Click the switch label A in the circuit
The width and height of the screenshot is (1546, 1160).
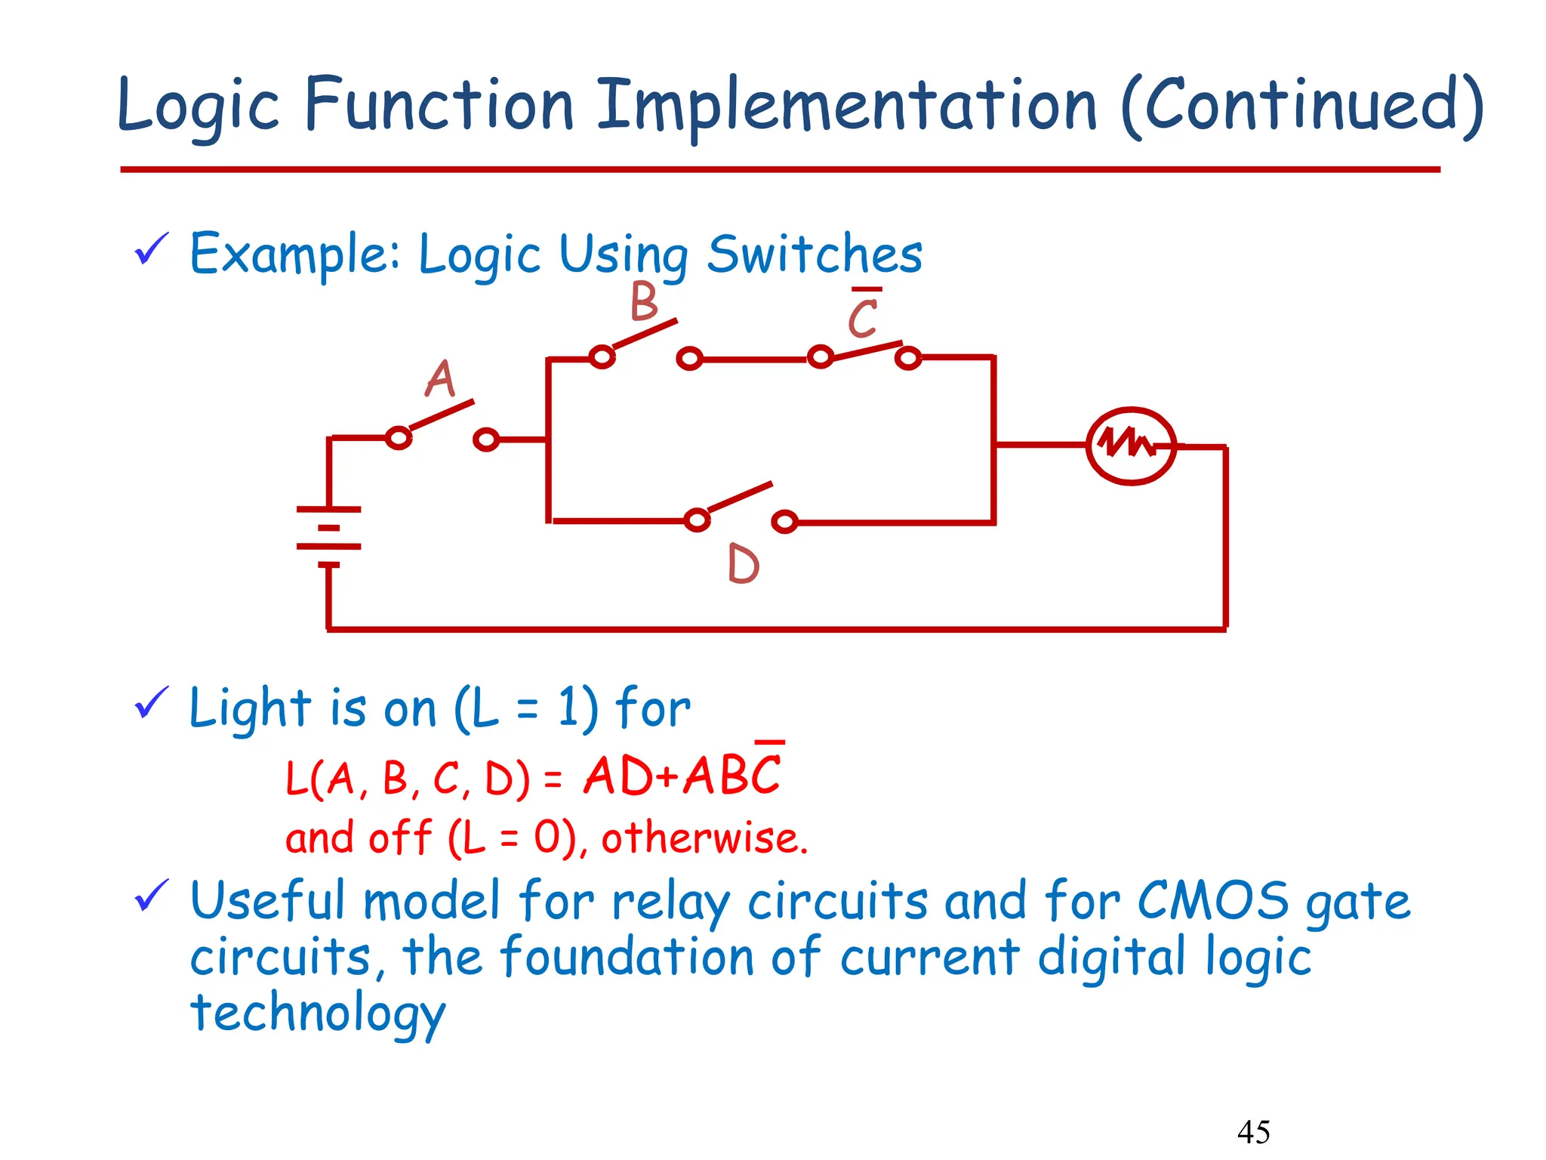pyautogui.click(x=441, y=379)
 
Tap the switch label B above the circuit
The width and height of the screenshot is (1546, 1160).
pyautogui.click(x=644, y=302)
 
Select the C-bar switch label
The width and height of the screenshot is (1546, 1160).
pyautogui.click(x=864, y=316)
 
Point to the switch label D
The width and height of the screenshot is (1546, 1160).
pyautogui.click(x=744, y=564)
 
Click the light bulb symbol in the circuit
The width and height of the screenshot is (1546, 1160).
pyautogui.click(x=1130, y=446)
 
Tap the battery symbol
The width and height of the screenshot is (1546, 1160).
pyautogui.click(x=329, y=536)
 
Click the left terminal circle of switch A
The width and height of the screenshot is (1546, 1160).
pyautogui.click(x=398, y=438)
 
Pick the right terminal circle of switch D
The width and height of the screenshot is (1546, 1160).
pyautogui.click(x=785, y=521)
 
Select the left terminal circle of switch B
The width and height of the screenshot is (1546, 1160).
pyautogui.click(x=602, y=356)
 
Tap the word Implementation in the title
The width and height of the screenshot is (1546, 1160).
pyautogui.click(x=847, y=106)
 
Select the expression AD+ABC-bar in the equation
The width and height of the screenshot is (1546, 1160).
pyautogui.click(x=683, y=775)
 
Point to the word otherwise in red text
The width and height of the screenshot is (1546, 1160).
pyautogui.click(x=704, y=838)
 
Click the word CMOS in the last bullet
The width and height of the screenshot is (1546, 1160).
pyautogui.click(x=1212, y=900)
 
